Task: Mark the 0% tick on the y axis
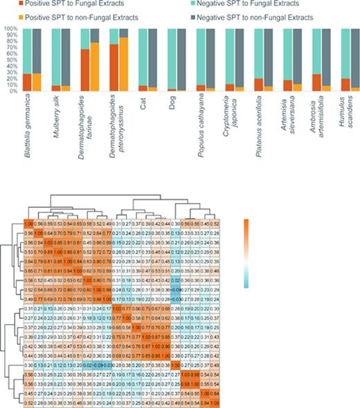(12, 91)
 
